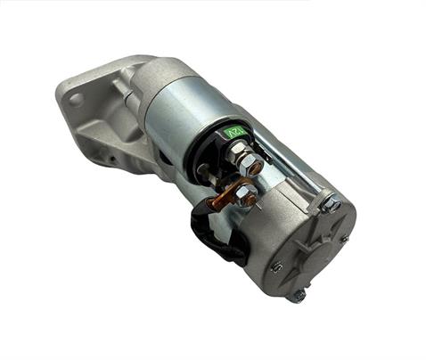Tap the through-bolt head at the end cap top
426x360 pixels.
(331, 204)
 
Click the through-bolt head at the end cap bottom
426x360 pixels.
(297, 295)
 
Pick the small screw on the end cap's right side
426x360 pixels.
(343, 238)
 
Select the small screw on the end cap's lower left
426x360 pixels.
(276, 265)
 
